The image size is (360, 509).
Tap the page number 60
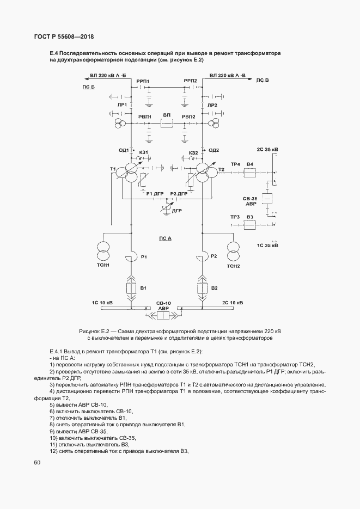point(37,463)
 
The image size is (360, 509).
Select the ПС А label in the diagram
point(165,238)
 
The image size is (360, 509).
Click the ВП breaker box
point(167,124)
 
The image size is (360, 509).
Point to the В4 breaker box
point(250,173)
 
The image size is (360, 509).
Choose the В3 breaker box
point(250,225)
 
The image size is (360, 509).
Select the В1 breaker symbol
point(131,289)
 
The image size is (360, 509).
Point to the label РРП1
point(143,81)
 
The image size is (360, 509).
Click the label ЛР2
point(212,105)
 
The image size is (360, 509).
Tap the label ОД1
point(123,150)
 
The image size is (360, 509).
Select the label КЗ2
point(193,153)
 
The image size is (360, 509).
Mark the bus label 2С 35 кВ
point(267,149)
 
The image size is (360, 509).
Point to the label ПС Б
point(88,87)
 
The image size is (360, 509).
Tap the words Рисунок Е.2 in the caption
point(95,331)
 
